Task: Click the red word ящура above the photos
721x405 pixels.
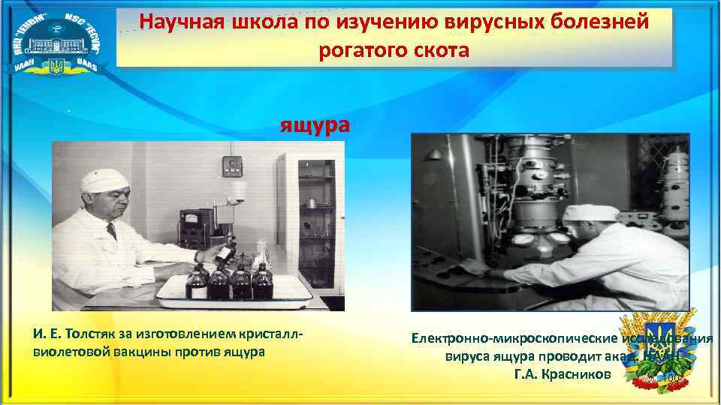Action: (x=315, y=124)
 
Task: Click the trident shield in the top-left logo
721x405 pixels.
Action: (x=56, y=66)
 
